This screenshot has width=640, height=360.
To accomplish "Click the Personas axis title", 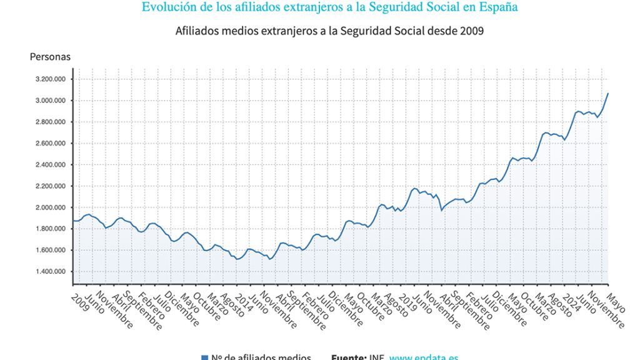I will (50, 57).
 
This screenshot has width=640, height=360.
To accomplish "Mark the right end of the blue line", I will (607, 93).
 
